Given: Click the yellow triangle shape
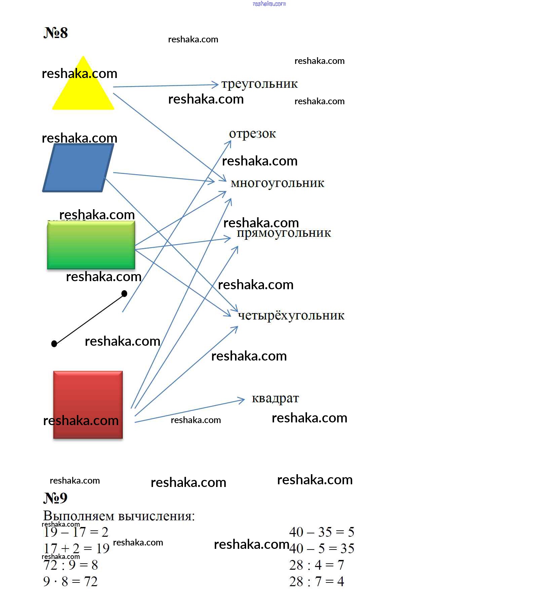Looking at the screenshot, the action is point(83,89).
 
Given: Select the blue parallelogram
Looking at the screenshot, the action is point(78,168).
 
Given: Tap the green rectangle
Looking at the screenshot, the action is point(91,245).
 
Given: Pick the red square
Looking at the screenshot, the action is point(88,405).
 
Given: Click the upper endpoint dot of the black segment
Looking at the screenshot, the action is point(124,294).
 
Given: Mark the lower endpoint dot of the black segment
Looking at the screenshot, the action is point(54,343).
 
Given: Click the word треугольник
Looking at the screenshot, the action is point(260,84).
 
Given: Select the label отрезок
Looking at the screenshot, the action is point(253,134).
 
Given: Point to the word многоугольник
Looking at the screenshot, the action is point(278,183).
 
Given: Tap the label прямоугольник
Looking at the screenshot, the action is point(284,233).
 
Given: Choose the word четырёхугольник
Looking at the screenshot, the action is point(291,315).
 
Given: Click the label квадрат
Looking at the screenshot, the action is point(275,399).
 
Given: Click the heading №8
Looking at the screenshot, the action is point(55,33).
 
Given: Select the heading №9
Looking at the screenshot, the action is point(55,498).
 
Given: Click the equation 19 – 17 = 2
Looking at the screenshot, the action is point(76,532).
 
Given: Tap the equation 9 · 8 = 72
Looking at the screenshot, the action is point(70,581).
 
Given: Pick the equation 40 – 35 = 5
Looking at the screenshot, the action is point(322,532).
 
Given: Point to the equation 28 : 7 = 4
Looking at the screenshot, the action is point(317,581).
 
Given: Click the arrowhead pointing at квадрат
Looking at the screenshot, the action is point(241,400).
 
